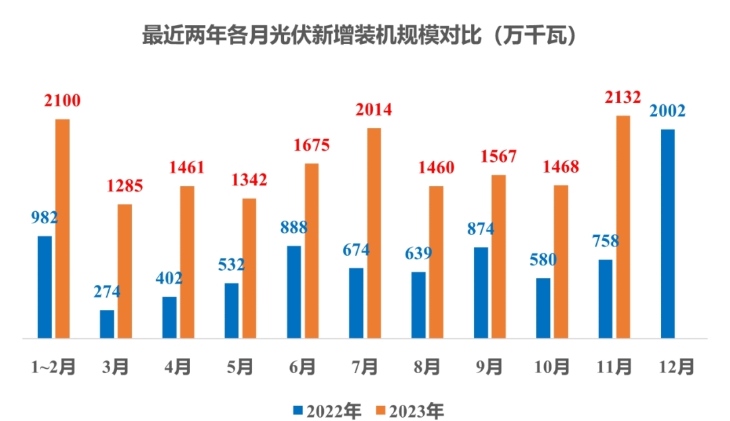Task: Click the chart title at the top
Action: click(x=361, y=36)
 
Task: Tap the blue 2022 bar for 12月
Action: click(x=667, y=234)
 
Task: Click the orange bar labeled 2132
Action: click(x=623, y=227)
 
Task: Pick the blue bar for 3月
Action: click(x=107, y=324)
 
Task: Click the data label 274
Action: click(x=107, y=292)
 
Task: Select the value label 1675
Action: click(x=312, y=146)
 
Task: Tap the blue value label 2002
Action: click(x=667, y=111)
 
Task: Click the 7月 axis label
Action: click(x=365, y=367)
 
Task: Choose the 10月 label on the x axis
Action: click(x=551, y=367)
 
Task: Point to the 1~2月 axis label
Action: click(x=53, y=367)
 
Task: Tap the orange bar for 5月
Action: click(x=249, y=268)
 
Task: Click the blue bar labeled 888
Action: click(x=294, y=292)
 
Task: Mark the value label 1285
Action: click(x=125, y=185)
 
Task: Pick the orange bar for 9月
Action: click(x=498, y=257)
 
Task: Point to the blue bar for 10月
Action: click(x=543, y=308)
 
